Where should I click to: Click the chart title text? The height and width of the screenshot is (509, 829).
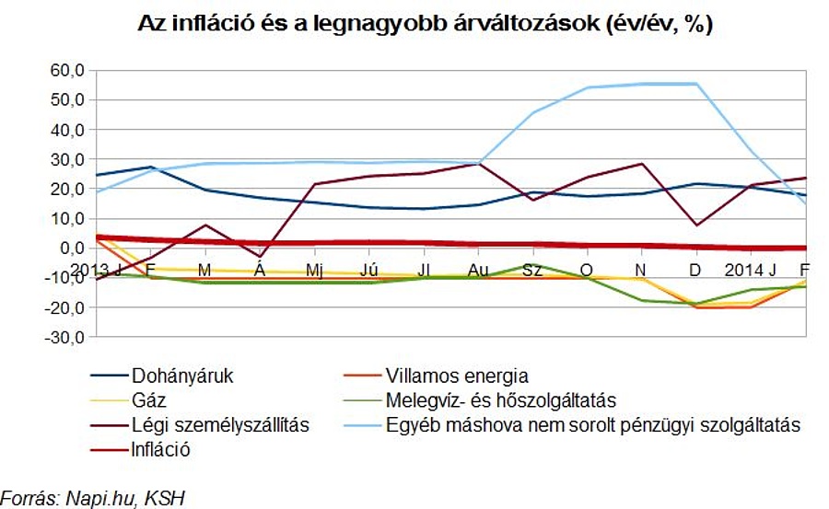click(x=425, y=25)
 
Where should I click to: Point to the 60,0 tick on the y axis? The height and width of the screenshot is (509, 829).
click(x=66, y=70)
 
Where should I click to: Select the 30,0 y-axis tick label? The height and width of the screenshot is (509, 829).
click(x=66, y=159)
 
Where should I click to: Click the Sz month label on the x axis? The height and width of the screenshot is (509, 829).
click(x=532, y=270)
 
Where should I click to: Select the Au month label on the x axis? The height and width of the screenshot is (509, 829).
click(x=477, y=270)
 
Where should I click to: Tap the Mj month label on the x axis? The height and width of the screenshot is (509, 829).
click(x=314, y=270)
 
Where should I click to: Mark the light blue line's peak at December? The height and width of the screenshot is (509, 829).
click(x=696, y=84)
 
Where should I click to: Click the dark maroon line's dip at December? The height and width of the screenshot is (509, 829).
click(x=696, y=225)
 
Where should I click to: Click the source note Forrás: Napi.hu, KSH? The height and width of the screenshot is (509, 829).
click(x=92, y=498)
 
